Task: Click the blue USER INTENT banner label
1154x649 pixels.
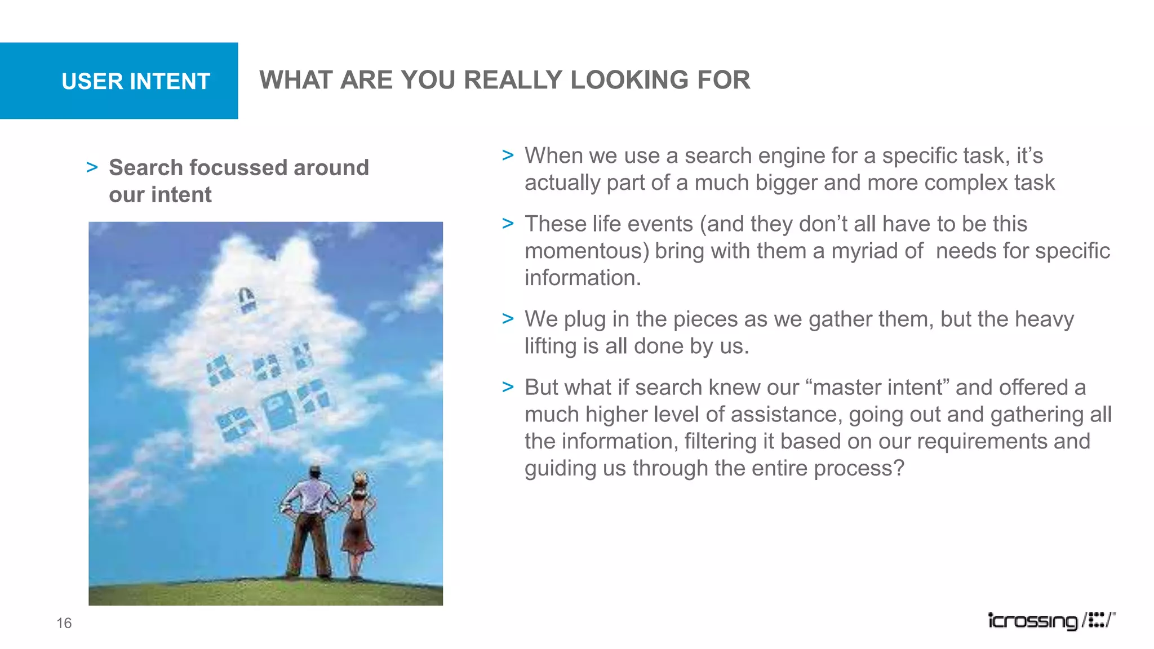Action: [136, 81]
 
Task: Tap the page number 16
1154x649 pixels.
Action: [64, 623]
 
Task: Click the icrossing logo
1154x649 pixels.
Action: [1051, 620]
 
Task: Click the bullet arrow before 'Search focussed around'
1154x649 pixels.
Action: [92, 167]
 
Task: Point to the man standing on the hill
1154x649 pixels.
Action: [310, 524]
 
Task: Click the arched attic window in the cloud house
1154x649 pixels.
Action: [246, 299]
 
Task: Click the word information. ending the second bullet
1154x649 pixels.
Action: [583, 278]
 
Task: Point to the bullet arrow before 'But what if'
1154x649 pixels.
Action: [508, 387]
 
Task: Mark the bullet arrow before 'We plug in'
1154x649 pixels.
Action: [508, 319]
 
